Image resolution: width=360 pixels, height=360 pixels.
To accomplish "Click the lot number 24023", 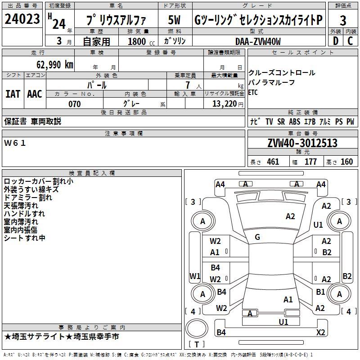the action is tap(22, 19).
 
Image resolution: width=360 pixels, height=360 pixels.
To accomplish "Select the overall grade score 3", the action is tap(343, 21).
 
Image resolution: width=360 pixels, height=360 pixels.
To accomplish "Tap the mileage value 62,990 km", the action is tap(55, 65).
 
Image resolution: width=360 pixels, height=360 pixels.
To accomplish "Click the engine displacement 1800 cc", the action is tap(141, 41).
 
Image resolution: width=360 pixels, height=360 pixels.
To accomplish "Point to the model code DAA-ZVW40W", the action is tap(258, 41).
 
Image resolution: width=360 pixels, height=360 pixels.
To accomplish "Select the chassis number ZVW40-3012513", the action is tap(302, 143).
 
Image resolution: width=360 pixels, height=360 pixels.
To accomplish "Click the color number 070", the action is tap(75, 104).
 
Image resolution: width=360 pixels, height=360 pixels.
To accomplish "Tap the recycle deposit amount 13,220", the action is tap(225, 104).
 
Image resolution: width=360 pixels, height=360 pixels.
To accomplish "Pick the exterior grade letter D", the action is tap(336, 41).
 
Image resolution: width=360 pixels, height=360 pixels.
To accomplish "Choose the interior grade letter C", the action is tap(350, 41).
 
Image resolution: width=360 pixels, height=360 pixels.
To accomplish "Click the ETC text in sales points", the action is tap(253, 93).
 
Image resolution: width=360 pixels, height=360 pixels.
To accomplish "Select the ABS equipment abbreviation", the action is tap(295, 121).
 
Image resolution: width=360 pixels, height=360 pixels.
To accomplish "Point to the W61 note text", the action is tap(15, 143).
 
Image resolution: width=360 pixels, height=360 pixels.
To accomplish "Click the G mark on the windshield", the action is tap(257, 237).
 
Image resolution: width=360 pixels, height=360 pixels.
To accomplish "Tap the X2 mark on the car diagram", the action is tap(320, 332).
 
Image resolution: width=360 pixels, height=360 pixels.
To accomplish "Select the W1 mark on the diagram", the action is tap(195, 276).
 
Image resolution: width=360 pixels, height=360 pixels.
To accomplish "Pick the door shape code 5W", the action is tap(174, 20).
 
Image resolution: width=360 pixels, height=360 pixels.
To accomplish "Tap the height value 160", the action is tap(346, 162).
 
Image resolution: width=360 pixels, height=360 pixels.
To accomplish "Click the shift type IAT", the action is tap(13, 94).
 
